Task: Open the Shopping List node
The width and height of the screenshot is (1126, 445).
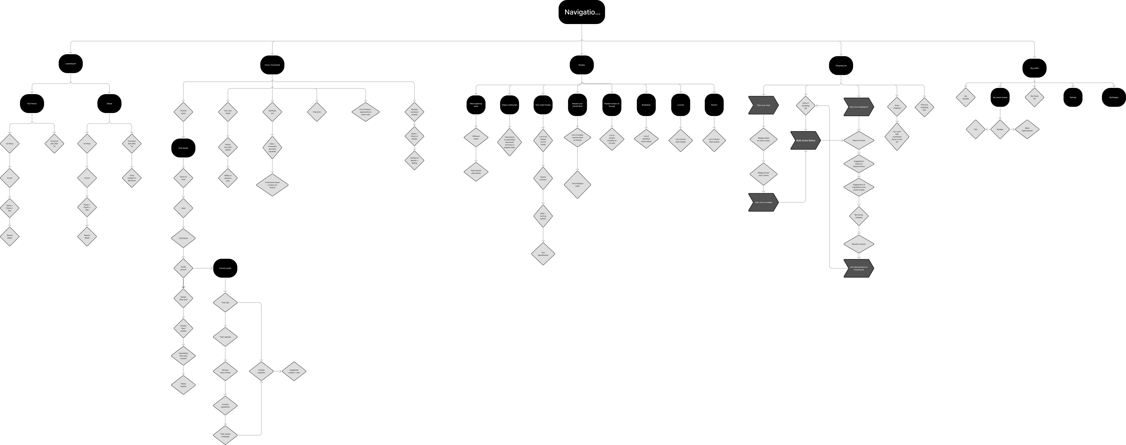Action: coord(841,65)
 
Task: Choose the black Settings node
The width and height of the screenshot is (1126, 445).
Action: coord(1073,97)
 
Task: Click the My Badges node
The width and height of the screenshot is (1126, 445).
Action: coord(1113,97)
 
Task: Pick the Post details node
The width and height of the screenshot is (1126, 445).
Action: coord(183,148)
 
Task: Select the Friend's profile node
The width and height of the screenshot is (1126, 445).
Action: coord(225,268)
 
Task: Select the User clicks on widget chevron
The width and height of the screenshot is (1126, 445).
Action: coord(763,202)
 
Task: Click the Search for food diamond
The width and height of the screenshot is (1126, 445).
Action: coord(859,141)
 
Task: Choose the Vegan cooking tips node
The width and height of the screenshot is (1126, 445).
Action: coord(509,105)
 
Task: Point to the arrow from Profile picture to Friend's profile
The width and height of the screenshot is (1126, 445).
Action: coord(203,268)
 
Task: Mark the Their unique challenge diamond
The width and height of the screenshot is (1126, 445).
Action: coord(225,435)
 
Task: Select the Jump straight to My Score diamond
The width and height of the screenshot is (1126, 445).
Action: coord(132,178)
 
